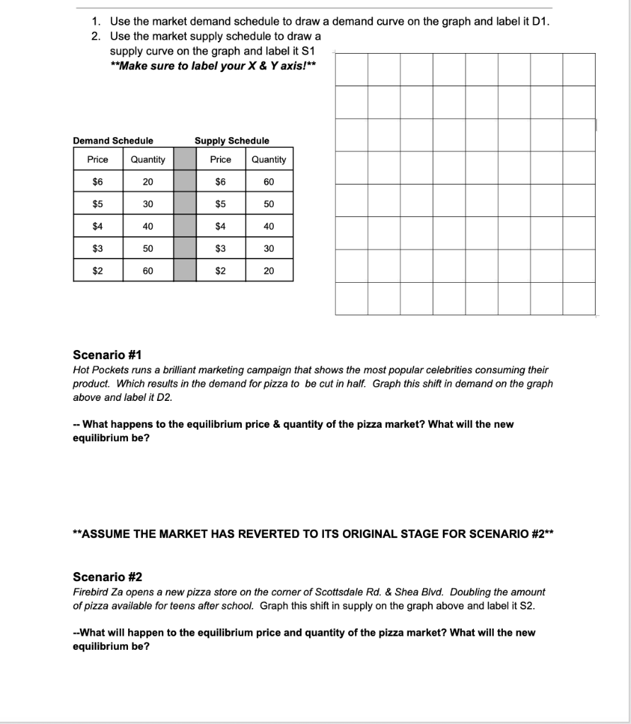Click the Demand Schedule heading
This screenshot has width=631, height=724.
(x=113, y=141)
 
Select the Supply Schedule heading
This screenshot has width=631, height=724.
(x=232, y=141)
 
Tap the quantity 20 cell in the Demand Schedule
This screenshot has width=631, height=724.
(x=147, y=182)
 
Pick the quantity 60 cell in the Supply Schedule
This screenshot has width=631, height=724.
(x=268, y=182)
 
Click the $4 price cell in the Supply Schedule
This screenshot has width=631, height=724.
(x=220, y=226)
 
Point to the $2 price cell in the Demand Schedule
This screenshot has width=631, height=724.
(x=98, y=271)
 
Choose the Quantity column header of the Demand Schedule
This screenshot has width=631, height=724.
(x=147, y=160)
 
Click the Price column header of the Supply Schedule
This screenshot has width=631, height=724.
(x=220, y=160)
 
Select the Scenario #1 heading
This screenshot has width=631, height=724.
(x=108, y=355)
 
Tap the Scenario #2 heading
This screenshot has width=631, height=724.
(x=108, y=577)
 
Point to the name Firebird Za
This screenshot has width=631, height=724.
(x=100, y=592)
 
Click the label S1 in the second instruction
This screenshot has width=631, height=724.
(x=308, y=51)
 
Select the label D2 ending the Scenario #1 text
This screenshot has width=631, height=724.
(x=163, y=397)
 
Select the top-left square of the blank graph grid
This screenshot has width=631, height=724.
(x=352, y=69)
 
